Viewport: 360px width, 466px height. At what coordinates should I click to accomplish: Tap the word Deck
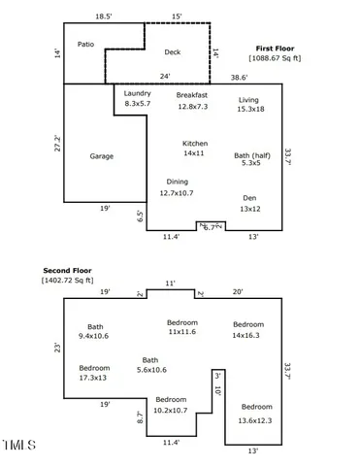173,52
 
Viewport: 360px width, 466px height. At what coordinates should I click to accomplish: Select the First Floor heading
277,48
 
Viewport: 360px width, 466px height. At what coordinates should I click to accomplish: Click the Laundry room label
138,93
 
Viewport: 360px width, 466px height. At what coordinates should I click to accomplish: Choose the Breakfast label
192,95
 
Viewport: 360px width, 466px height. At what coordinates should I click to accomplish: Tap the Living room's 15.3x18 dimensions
249,111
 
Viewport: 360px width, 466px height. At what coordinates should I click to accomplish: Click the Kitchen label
195,143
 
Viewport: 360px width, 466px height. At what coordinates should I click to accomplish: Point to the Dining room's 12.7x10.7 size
178,193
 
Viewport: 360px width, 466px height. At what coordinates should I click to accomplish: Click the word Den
249,197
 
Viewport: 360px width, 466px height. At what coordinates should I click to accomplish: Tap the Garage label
103,155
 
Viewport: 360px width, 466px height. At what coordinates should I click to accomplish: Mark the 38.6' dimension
239,77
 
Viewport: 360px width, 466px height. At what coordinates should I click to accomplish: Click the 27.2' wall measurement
58,144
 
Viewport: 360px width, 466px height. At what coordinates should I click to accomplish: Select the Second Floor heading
67,270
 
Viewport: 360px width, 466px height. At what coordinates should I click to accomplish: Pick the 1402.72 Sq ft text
67,281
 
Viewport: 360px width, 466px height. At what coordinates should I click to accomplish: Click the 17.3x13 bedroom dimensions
95,378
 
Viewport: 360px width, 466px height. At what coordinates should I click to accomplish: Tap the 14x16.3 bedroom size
248,334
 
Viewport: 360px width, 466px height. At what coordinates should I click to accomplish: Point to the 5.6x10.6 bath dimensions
150,369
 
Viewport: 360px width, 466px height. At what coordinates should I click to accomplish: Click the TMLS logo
19,447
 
